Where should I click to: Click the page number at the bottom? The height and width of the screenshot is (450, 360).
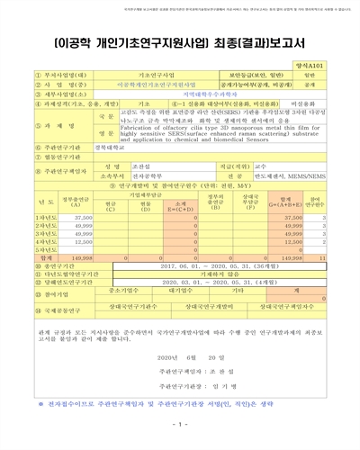pyautogui.click(x=180, y=424)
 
